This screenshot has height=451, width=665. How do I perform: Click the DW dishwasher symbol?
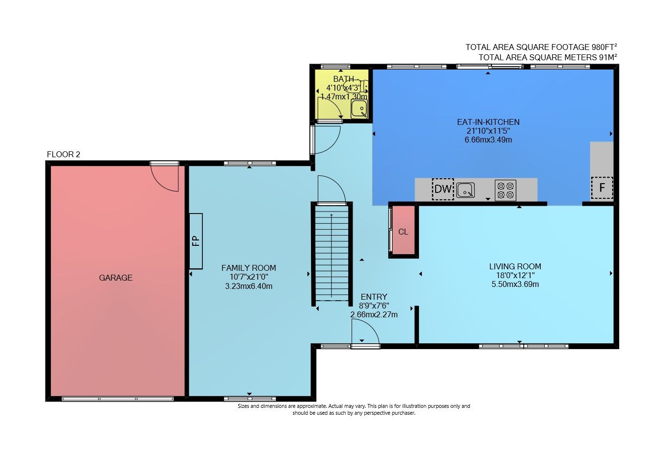tap(443, 189)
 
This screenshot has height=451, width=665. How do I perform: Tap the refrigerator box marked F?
tap(602, 188)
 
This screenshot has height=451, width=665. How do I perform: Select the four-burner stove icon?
tap(505, 190)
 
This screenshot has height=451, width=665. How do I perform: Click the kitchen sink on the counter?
tap(465, 190)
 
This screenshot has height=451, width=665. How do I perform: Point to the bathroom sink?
tap(359, 109)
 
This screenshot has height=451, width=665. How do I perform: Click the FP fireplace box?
tap(196, 241)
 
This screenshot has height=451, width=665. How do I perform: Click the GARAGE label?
tap(115, 278)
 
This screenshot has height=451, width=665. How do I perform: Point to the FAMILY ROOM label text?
tap(248, 268)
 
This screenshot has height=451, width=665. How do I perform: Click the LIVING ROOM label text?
tap(515, 266)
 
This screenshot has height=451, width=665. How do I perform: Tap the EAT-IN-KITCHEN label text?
tap(488, 122)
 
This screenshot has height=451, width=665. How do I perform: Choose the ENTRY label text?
tap(374, 297)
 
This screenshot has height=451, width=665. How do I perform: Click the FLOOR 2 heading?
tap(64, 154)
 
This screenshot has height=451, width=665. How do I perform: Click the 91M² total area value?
tap(608, 57)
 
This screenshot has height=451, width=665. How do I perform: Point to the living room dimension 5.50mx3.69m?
tap(515, 284)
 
